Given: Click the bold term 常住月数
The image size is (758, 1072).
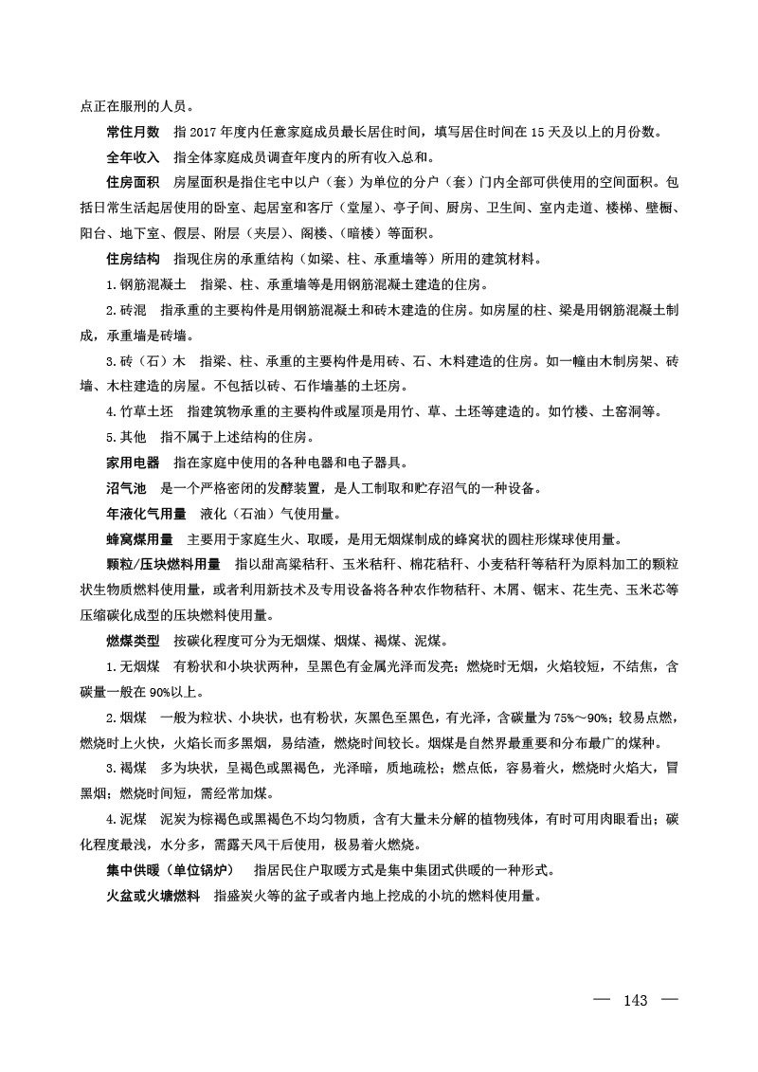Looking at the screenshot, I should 133,130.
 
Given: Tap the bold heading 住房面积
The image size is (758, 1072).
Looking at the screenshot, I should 133,181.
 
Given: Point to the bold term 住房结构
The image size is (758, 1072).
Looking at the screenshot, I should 133,258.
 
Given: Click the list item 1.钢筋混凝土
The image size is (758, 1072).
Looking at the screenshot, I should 146,283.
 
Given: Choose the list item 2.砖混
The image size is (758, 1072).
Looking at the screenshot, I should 126,309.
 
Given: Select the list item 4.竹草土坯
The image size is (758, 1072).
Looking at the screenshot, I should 139,412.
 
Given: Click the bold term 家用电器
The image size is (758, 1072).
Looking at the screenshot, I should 133,463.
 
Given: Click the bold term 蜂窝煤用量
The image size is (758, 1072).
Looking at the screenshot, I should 139,540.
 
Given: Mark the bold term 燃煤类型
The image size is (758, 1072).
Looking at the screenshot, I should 133,643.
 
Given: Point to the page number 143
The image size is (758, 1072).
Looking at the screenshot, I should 635,1001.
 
